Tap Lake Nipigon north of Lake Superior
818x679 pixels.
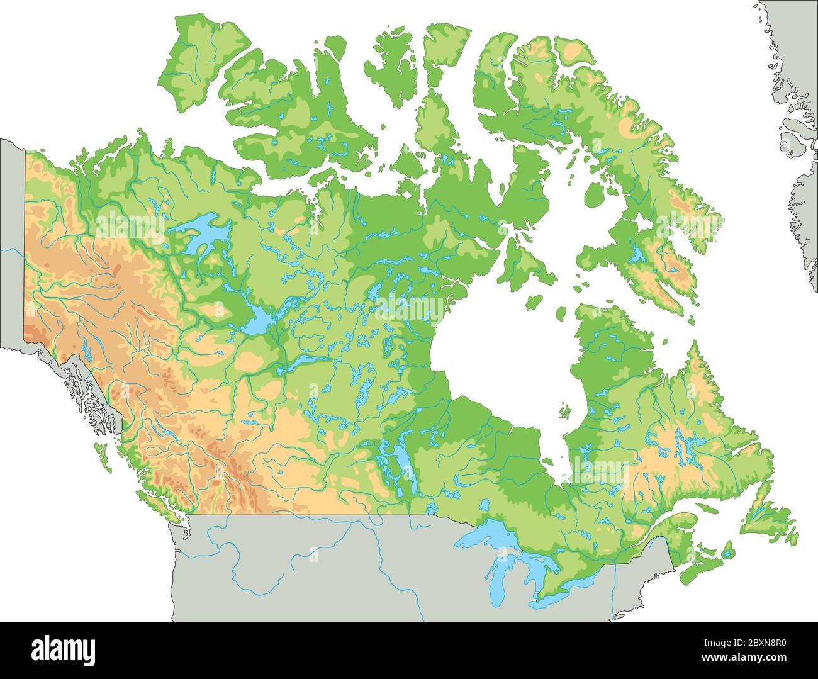point(484,505)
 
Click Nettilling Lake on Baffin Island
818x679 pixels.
point(638,255)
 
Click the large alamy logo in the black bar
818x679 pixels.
point(63,649)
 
